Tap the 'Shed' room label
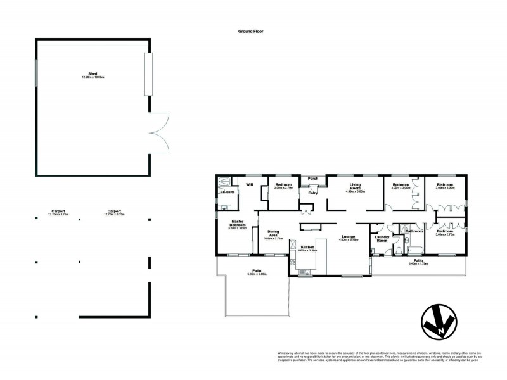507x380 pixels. pos(93,75)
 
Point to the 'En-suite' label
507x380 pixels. pos(227,191)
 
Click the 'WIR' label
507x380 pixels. pos(250,185)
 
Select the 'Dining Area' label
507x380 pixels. pos(274,233)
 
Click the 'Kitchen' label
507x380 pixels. pos(308,248)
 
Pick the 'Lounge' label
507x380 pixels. pos(349,237)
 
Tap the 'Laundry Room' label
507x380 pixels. pos(382,239)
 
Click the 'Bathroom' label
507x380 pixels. pos(414,231)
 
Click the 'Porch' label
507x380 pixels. pos(312,179)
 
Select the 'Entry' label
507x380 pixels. pos(312,193)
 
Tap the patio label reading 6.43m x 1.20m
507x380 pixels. pos(418,262)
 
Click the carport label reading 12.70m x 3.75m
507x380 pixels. pos(59,213)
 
